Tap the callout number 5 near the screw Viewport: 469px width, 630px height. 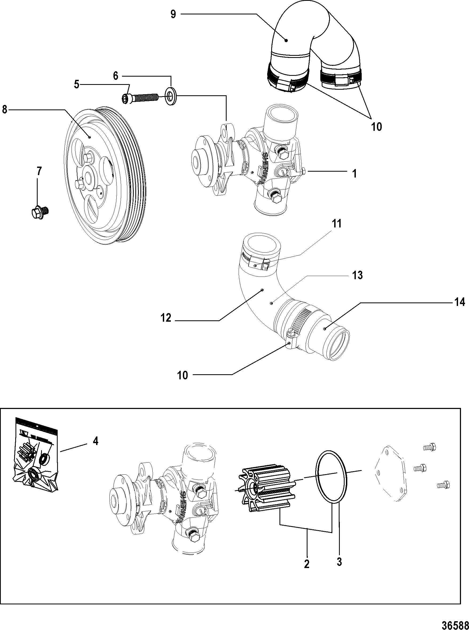77,85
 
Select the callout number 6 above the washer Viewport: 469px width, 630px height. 116,76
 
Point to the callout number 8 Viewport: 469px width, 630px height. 5,110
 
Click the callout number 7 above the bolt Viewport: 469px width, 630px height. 39,171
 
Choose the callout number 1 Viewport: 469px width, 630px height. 354,174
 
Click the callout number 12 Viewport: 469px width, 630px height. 166,318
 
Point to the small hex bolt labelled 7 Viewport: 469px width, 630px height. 40,212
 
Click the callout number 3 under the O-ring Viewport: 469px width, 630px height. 339,561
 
